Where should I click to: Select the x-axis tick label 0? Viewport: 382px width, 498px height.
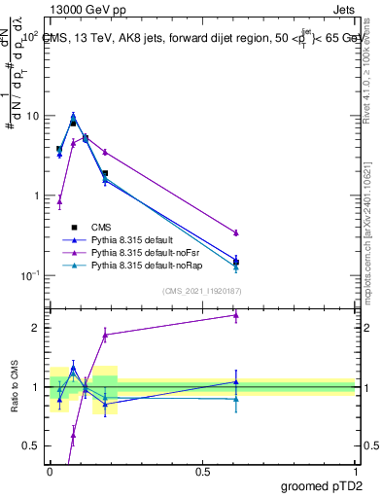pyautogui.click(x=50, y=471)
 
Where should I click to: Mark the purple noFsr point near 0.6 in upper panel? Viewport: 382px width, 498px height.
pyautogui.click(x=236, y=232)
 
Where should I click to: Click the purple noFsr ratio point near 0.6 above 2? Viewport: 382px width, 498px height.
pyautogui.click(x=236, y=315)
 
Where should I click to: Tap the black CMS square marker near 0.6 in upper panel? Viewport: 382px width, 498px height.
pyautogui.click(x=236, y=262)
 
